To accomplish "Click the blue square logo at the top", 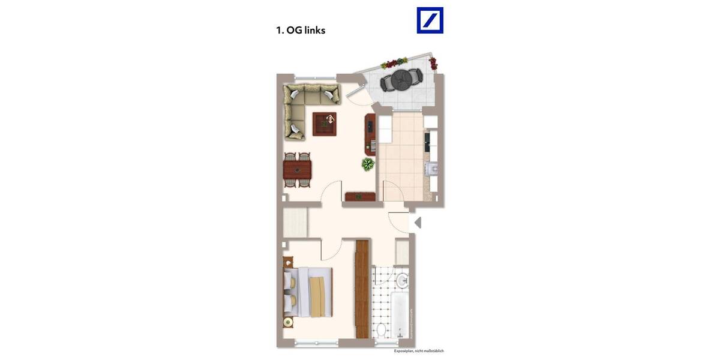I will (x=430, y=20).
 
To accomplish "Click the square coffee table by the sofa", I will (x=325, y=124).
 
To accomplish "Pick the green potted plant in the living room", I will (x=367, y=164).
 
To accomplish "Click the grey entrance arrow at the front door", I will (x=418, y=223).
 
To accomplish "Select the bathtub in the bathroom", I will (x=401, y=314).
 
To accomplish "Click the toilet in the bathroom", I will (x=380, y=329).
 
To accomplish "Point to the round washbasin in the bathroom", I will (x=403, y=279).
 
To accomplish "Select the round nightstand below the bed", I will (x=289, y=322).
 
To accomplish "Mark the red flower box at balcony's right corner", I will (x=433, y=63).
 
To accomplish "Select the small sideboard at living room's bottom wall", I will (x=360, y=196).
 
